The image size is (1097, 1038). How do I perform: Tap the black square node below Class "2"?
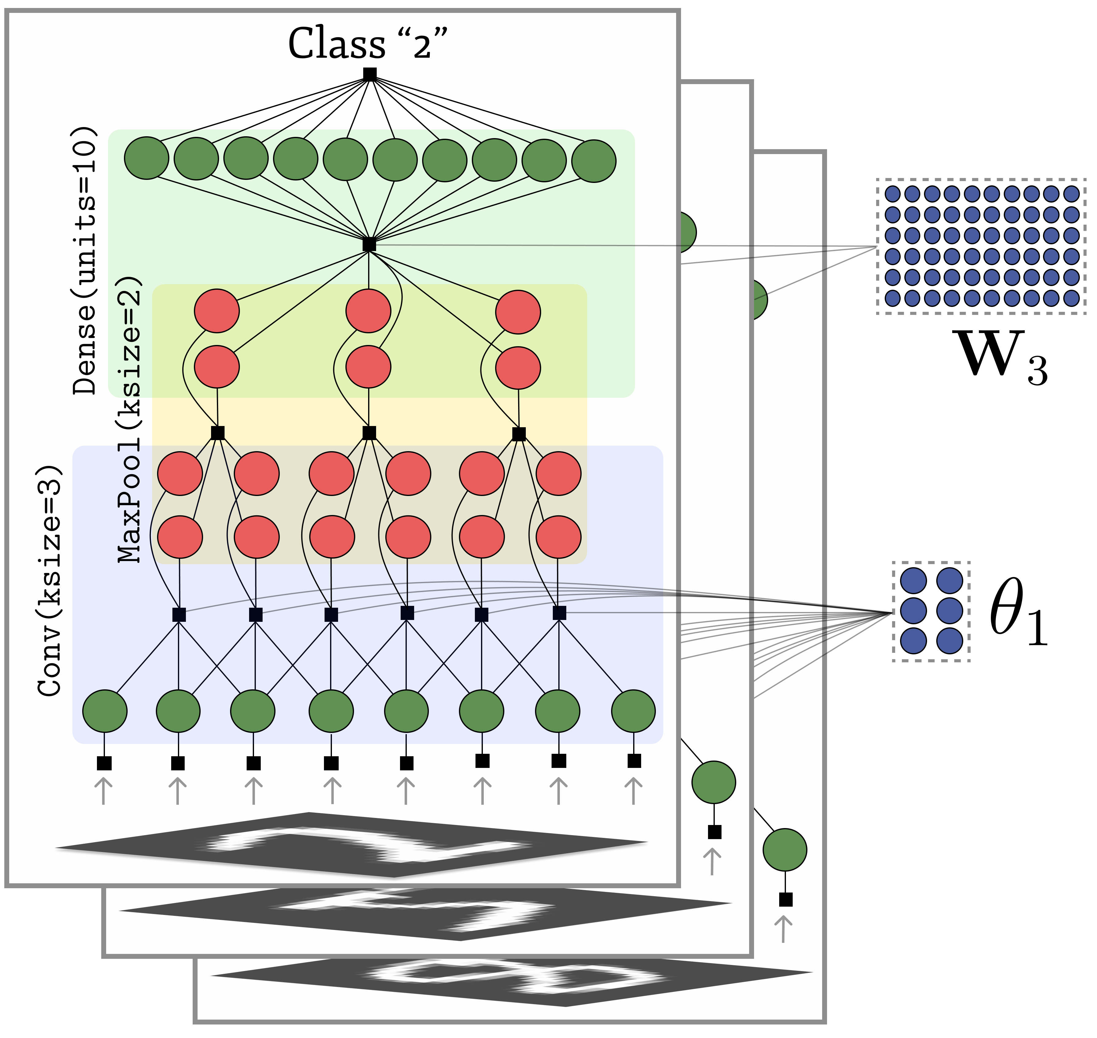[369, 74]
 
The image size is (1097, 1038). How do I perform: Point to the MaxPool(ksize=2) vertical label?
[130, 420]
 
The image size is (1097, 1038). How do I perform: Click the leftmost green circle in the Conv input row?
[105, 711]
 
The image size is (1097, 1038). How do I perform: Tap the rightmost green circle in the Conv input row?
[633, 711]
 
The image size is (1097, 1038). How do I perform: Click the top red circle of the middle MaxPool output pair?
[368, 311]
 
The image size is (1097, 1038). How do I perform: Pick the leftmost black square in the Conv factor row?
[179, 614]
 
